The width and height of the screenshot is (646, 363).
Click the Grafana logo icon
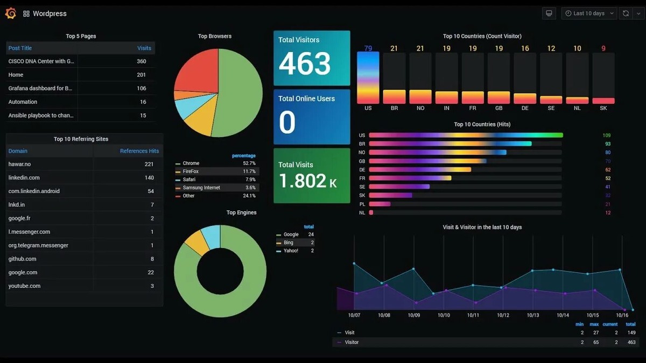point(10,13)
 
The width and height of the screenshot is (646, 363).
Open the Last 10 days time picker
point(589,13)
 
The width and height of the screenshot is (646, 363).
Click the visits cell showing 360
point(142,61)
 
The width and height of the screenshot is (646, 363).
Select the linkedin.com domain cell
point(24,177)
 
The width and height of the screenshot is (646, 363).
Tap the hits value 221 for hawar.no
point(149,164)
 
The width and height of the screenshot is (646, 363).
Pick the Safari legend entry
point(189,180)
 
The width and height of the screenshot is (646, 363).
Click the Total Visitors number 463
point(304,64)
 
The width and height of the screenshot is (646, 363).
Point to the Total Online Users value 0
point(287,123)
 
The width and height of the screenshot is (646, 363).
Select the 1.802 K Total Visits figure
point(307,181)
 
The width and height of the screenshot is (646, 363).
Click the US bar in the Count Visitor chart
point(368,78)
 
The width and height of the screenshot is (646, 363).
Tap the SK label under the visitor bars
point(603,108)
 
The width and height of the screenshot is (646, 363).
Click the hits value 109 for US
point(607,136)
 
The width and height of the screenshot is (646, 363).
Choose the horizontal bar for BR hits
point(450,144)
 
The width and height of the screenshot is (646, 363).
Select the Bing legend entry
point(289,243)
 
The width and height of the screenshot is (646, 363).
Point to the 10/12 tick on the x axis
point(503,315)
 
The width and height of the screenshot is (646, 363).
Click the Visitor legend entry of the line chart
point(352,342)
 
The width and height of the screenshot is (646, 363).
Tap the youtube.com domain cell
point(24,286)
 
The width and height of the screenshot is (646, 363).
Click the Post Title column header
point(20,48)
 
